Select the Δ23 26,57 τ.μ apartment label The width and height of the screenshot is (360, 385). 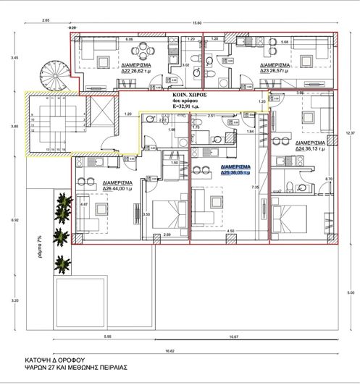pos(274,69)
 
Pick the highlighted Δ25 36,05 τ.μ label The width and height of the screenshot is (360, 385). pos(235,170)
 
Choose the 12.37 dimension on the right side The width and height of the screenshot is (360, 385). pos(351,132)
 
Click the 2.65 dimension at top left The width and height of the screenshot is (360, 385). pos(47,22)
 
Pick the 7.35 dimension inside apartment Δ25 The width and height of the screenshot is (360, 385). pos(254,187)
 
